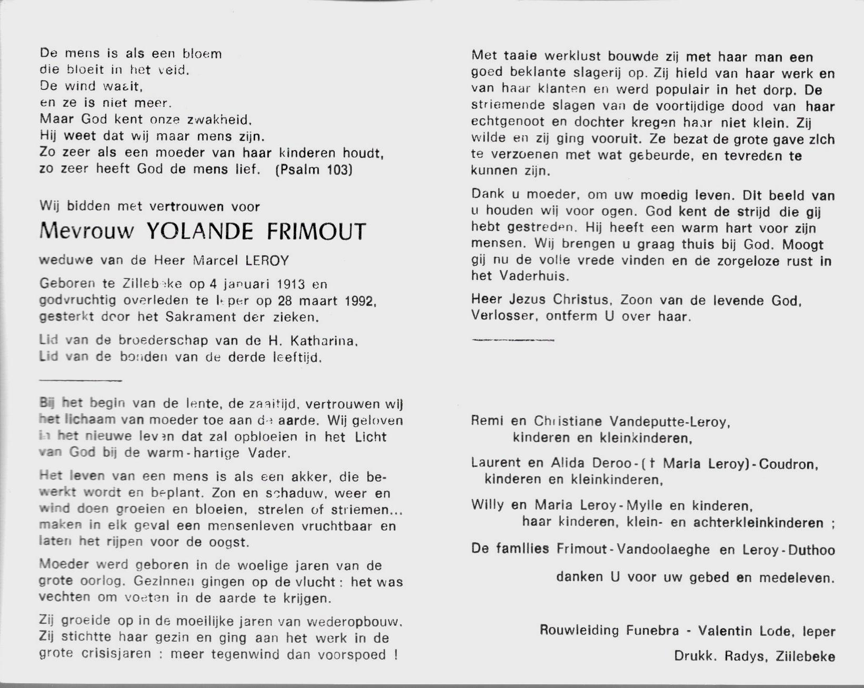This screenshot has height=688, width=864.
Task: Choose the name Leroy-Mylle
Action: [599, 506]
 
